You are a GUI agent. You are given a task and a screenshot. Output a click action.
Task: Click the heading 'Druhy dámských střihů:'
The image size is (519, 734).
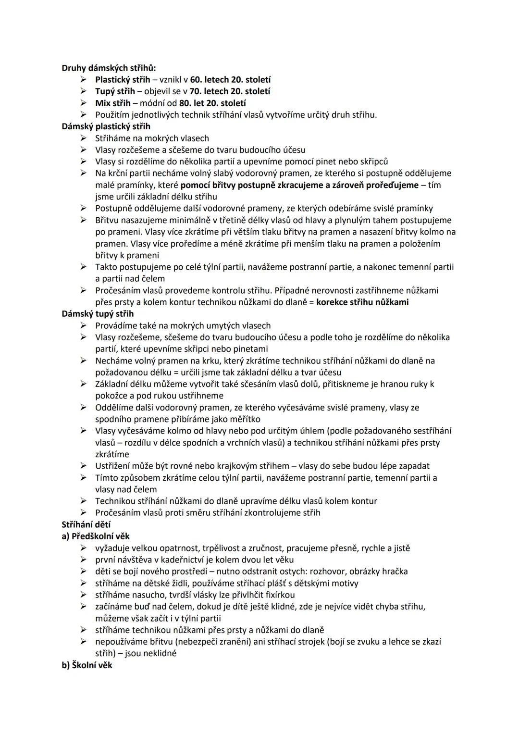pyautogui.click(x=109, y=68)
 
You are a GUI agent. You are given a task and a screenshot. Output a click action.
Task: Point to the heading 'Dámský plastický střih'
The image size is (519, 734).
pyautogui.click(x=106, y=126)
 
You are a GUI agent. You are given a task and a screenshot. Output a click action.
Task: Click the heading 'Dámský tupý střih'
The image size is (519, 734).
pyautogui.click(x=98, y=314)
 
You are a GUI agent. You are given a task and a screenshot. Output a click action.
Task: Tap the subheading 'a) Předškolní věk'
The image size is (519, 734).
pyautogui.click(x=96, y=536)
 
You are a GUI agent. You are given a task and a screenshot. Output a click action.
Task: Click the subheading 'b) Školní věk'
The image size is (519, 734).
pyautogui.click(x=87, y=665)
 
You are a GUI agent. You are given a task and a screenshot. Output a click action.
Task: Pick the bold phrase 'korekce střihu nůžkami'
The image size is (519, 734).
pyautogui.click(x=362, y=302)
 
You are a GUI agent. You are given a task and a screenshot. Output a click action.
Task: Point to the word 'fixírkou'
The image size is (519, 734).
pyautogui.click(x=280, y=595)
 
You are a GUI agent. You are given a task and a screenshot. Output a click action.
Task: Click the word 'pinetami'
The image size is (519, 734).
pyautogui.click(x=250, y=349)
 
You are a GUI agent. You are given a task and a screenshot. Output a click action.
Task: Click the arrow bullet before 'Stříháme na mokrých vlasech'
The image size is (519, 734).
pyautogui.click(x=84, y=138)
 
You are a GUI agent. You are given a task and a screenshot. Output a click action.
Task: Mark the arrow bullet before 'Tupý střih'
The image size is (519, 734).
pyautogui.click(x=84, y=91)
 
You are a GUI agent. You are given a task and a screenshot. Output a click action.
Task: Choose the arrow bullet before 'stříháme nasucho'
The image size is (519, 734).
pyautogui.click(x=84, y=595)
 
